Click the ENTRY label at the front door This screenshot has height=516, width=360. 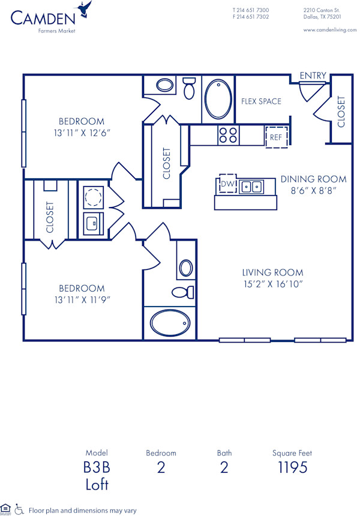[x=313, y=76]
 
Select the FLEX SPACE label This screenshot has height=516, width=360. [x=261, y=101]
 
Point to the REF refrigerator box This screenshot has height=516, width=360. [x=276, y=137]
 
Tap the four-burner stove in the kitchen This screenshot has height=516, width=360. [x=228, y=135]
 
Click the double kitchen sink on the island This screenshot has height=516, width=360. [x=253, y=187]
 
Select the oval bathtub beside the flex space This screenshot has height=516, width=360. [x=217, y=99]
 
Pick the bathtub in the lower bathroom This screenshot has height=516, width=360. [x=170, y=323]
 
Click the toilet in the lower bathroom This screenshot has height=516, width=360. [x=182, y=292]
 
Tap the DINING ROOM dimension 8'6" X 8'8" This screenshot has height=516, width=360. [x=313, y=190]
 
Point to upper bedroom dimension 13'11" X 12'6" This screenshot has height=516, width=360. [x=82, y=133]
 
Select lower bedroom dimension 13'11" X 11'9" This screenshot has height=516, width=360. [x=82, y=300]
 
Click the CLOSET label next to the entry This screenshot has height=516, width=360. [x=341, y=112]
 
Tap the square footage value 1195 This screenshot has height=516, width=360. [x=293, y=467]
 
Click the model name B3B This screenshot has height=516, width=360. [x=97, y=467]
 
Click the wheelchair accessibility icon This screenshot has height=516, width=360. [x=20, y=509]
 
